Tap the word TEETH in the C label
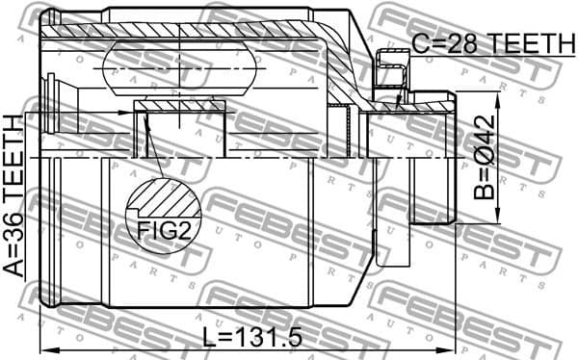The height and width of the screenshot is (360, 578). click(x=521, y=43)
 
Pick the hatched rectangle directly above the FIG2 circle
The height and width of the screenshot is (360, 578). click(x=180, y=105)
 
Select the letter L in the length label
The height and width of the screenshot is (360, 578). click(x=209, y=339)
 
